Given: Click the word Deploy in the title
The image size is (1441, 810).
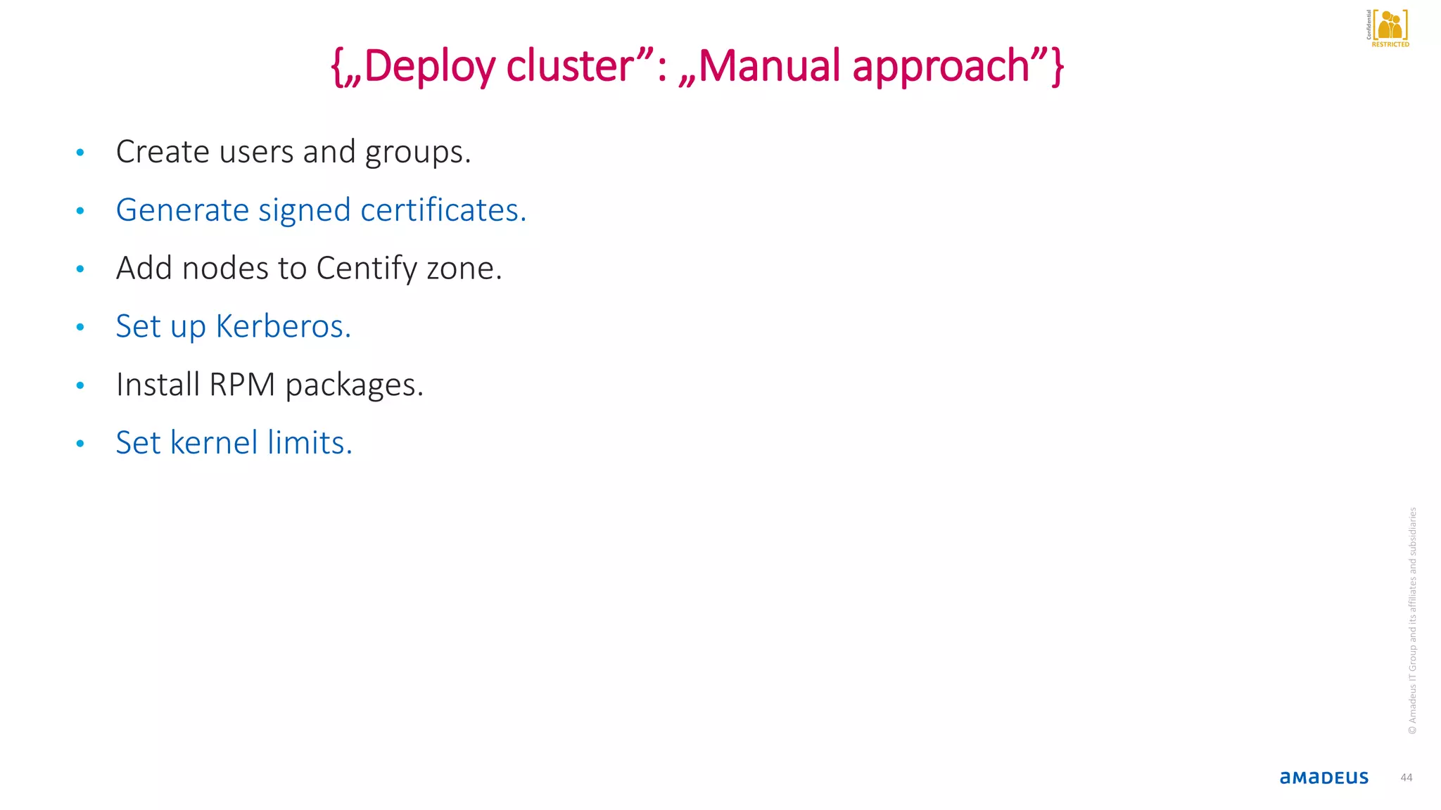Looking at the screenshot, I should tap(429, 67).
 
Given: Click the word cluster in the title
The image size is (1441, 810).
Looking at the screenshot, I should tap(570, 67).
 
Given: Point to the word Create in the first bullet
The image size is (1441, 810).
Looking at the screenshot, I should tap(162, 152).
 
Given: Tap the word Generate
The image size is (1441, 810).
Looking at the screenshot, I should tap(182, 210).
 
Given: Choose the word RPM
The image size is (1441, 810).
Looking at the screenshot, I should tap(242, 385).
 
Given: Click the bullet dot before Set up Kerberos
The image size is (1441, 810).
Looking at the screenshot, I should tap(80, 327).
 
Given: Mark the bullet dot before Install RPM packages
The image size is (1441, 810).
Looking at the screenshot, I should tap(80, 385).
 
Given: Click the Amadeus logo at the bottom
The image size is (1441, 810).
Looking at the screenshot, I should tap(1323, 778).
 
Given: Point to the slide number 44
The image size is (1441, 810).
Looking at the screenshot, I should tap(1406, 778).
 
